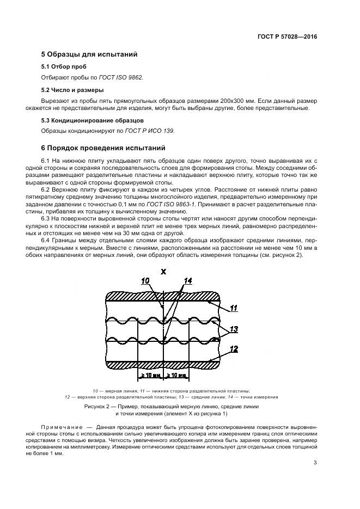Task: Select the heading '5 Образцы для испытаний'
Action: click(86, 54)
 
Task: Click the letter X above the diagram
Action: click(163, 271)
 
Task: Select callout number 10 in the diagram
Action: click(145, 281)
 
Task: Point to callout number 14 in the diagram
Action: click(188, 281)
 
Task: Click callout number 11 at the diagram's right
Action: click(233, 308)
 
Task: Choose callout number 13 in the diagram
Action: click(234, 328)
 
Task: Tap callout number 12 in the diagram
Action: click(234, 348)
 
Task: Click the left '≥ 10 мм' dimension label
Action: click(151, 376)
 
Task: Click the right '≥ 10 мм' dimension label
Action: click(176, 376)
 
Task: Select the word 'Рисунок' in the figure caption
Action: click(96, 407)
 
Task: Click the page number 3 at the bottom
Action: click(315, 463)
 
